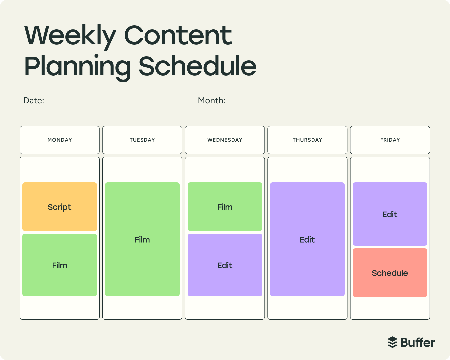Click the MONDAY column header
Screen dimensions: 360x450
point(60,140)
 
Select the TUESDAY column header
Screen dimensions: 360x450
point(142,140)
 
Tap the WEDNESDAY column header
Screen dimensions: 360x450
point(225,140)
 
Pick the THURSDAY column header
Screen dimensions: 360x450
point(307,140)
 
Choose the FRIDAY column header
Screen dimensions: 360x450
point(390,140)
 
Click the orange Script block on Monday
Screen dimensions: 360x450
point(60,207)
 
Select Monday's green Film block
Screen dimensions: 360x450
point(60,265)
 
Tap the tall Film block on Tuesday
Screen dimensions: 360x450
point(142,239)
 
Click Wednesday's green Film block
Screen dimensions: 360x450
point(225,207)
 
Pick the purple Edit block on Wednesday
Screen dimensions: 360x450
point(225,265)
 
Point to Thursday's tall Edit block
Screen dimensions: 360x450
point(307,239)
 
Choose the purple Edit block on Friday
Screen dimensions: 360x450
point(390,214)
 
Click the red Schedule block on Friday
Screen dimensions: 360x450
point(390,273)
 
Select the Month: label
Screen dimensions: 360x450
point(212,101)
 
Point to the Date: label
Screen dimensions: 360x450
point(34,101)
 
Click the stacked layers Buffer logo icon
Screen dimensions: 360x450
point(393,342)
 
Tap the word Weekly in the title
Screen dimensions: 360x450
point(70,36)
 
